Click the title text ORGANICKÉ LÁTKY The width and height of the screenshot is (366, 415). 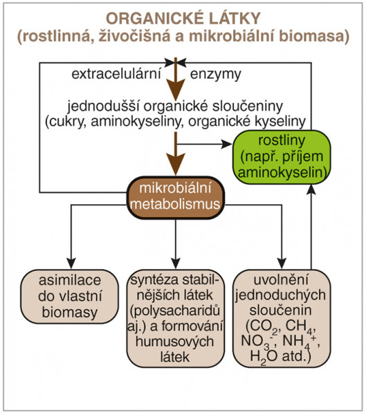[x=183, y=19]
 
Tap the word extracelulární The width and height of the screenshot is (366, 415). [x=116, y=74]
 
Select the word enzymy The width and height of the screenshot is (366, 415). [x=216, y=75]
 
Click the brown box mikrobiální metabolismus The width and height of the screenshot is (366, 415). [x=176, y=197]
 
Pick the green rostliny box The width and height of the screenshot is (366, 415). [x=282, y=157]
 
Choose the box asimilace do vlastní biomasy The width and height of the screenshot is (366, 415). [x=70, y=297]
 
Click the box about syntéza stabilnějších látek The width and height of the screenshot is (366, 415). [x=176, y=318]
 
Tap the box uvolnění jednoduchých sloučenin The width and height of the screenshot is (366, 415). [x=282, y=318]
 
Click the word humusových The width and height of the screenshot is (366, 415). [x=175, y=342]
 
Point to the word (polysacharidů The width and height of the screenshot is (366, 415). [x=175, y=311]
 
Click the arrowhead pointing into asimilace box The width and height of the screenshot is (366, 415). [x=71, y=263]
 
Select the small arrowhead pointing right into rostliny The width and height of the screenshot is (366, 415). [x=227, y=145]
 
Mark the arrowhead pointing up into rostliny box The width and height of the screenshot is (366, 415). [x=312, y=190]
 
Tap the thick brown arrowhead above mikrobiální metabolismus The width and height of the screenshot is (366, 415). [x=175, y=163]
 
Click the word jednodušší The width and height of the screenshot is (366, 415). [x=104, y=107]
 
